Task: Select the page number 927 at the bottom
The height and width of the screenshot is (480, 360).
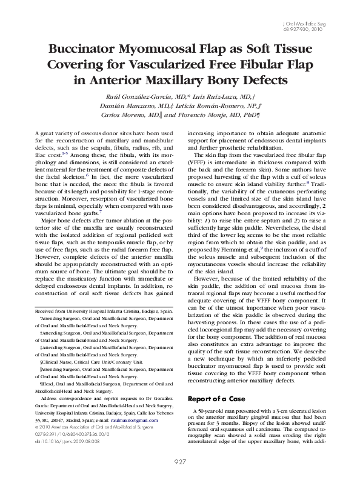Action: [x=180, y=463]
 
